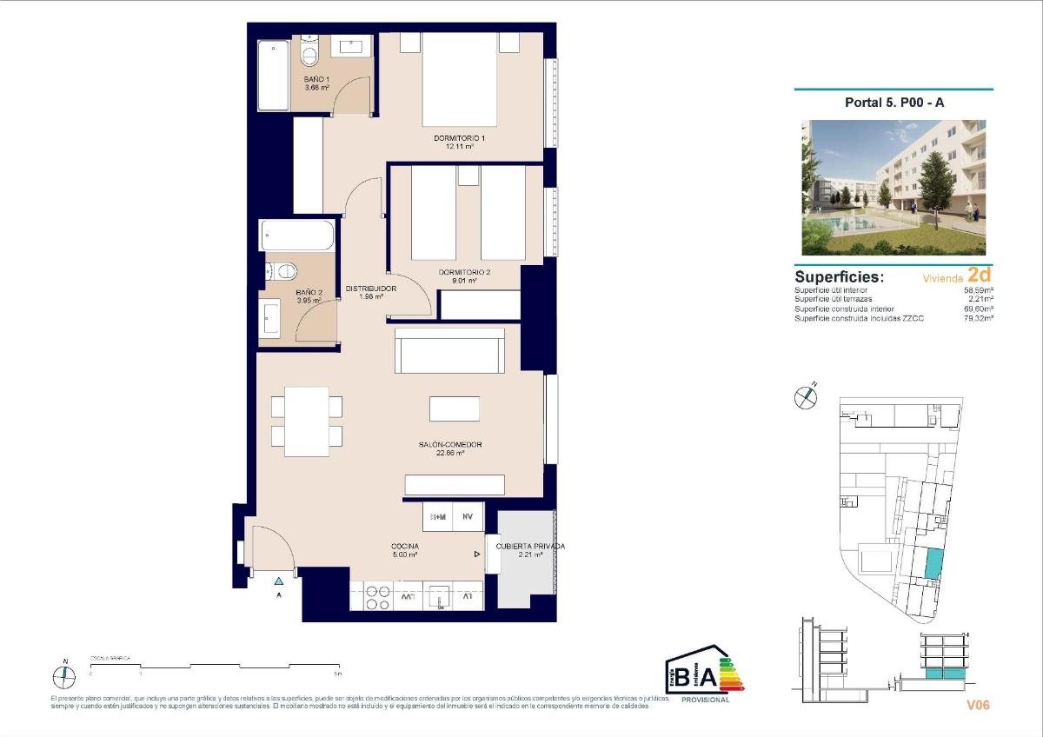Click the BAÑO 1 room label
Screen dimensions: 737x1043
(x=316, y=79)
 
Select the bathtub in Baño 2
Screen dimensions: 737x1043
(x=297, y=236)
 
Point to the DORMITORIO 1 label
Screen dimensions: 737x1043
(x=459, y=138)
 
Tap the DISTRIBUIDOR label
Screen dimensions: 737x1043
(x=371, y=289)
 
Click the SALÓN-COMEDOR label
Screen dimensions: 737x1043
(x=449, y=445)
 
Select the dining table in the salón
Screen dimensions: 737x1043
(x=307, y=422)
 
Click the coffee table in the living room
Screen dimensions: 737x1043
(x=454, y=408)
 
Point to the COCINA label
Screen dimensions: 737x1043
(x=405, y=547)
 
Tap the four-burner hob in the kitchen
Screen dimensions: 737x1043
(x=376, y=597)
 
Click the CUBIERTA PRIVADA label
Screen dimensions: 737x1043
(x=530, y=547)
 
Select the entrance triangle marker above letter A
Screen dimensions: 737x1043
(x=279, y=581)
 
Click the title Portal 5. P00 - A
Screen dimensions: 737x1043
(x=893, y=103)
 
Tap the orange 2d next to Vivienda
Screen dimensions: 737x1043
(x=980, y=276)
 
